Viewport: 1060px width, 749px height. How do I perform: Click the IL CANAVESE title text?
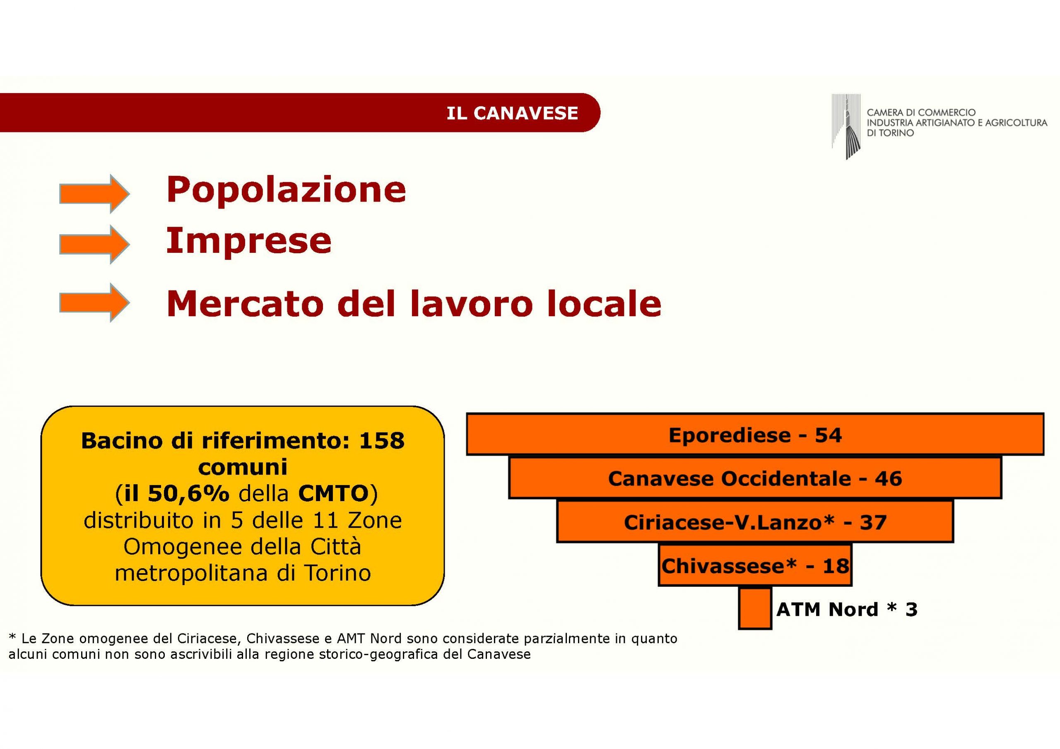(512, 113)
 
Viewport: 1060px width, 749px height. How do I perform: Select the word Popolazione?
(286, 190)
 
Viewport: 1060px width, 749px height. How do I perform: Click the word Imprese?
(248, 241)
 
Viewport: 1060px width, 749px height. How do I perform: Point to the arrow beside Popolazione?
(94, 194)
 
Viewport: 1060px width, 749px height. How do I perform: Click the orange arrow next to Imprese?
(94, 244)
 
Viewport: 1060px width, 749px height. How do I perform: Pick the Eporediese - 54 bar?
(755, 434)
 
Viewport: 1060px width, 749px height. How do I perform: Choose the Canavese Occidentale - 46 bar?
(755, 478)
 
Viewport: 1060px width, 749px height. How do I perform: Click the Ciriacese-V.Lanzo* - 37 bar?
(755, 521)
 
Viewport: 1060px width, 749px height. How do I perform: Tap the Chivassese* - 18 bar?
(755, 565)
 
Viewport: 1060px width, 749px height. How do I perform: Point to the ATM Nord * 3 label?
(847, 610)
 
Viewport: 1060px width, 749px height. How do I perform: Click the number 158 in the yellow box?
(382, 441)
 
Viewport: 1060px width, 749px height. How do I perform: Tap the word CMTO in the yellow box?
(333, 494)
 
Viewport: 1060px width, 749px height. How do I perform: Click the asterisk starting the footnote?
(12, 637)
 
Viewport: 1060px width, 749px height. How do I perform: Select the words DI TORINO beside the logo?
(890, 133)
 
